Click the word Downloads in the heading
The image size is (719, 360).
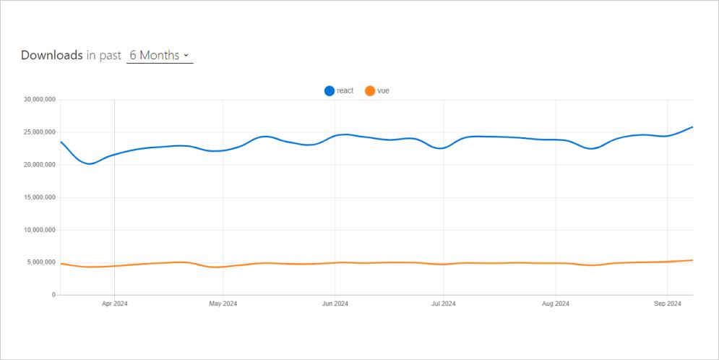[51, 56]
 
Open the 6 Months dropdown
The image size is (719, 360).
[160, 56]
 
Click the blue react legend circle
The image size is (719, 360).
[330, 91]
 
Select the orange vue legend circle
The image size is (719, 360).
[370, 91]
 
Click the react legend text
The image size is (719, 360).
[345, 91]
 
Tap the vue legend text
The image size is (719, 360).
[383, 91]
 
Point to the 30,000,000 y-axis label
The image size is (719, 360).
[40, 100]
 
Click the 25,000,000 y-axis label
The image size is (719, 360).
[40, 132]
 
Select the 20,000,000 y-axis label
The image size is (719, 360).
[40, 165]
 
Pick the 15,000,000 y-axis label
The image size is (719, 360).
[40, 197]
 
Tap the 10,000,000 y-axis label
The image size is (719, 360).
[40, 230]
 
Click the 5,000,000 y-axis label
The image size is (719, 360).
[41, 262]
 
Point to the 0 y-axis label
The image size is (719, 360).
[53, 295]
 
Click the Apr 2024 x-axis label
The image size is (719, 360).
[114, 304]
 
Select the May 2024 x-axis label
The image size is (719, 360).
[223, 304]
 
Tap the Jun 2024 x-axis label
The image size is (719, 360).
[335, 304]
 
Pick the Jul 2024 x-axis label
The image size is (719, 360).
[443, 304]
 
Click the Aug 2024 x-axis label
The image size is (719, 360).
[555, 304]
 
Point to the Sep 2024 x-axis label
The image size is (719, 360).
[667, 304]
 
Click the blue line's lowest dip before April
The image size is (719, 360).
[89, 164]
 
